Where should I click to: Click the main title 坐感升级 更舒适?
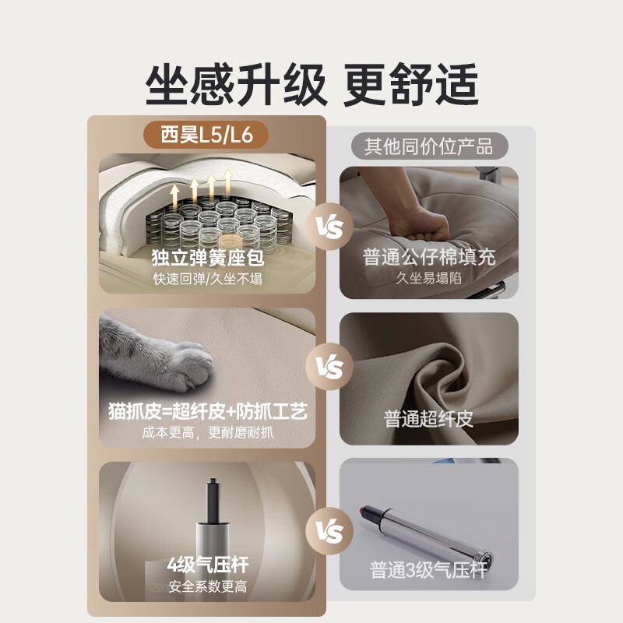pos(311,83)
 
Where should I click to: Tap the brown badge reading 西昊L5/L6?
pos(206,135)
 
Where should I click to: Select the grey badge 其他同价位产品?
pos(428,145)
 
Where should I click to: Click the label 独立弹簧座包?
pos(207,257)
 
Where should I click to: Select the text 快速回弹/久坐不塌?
pos(207,278)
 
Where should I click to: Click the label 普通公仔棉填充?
pos(429,258)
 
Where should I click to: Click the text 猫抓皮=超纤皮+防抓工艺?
pos(207,411)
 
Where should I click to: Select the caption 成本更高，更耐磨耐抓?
pos(207,432)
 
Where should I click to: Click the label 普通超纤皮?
pos(428,420)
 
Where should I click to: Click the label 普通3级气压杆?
pos(428,570)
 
